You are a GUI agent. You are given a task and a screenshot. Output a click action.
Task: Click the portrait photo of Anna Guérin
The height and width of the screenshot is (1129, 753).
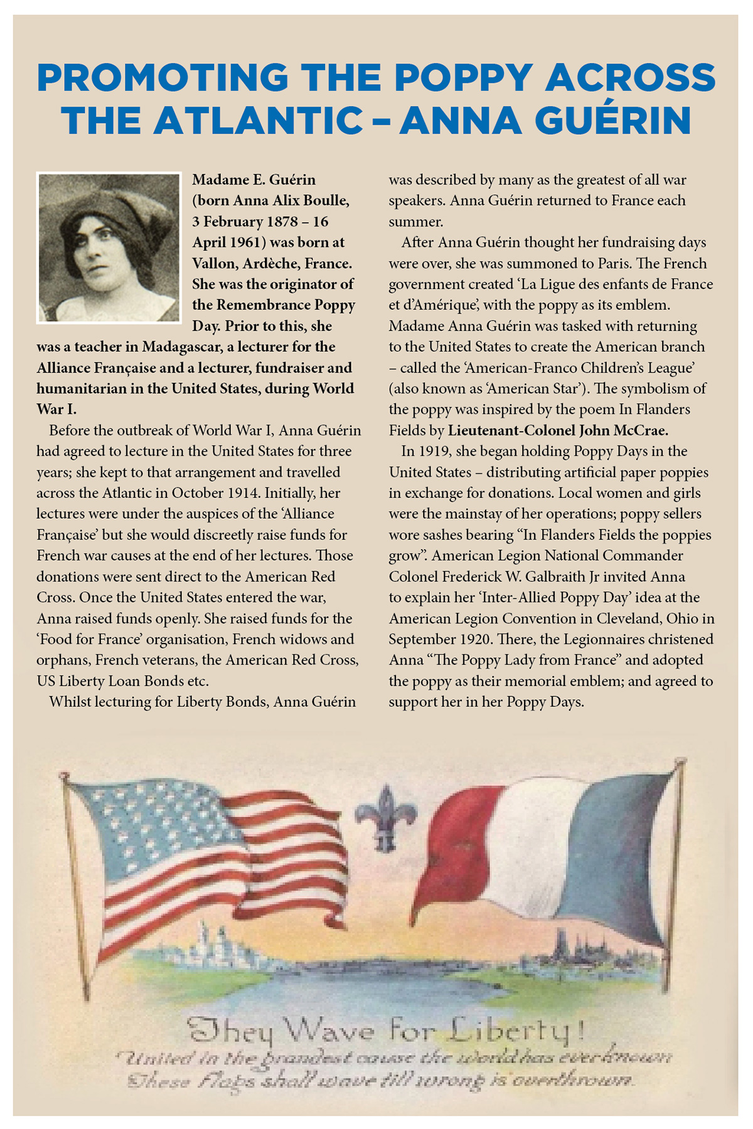click(x=109, y=248)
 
